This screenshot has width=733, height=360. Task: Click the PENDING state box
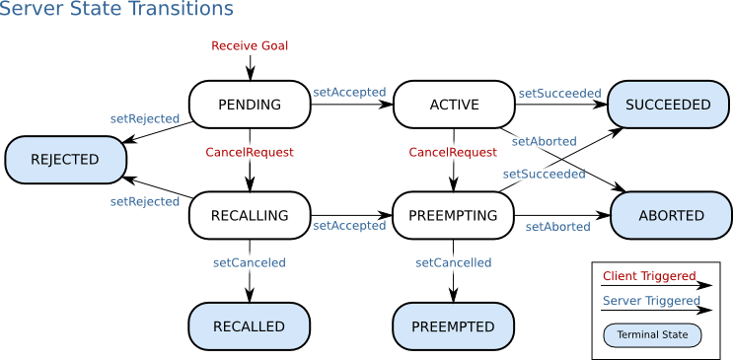click(249, 105)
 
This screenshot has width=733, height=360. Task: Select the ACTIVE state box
click(454, 105)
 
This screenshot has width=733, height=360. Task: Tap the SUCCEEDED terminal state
click(668, 105)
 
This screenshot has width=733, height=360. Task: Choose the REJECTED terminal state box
click(65, 160)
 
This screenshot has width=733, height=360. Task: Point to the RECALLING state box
click(249, 215)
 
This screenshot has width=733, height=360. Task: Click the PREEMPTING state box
click(454, 215)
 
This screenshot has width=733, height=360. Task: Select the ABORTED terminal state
click(671, 215)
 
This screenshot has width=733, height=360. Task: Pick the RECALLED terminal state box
click(249, 326)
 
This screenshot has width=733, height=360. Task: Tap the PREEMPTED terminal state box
click(454, 326)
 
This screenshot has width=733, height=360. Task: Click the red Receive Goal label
click(250, 45)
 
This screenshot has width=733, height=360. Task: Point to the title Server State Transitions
click(117, 10)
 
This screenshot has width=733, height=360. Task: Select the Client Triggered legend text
click(648, 276)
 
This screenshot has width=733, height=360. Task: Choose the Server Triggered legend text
click(650, 301)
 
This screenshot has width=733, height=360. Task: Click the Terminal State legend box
click(652, 335)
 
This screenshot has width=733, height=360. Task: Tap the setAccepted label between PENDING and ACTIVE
click(349, 92)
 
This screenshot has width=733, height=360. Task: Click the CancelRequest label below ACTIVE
click(453, 152)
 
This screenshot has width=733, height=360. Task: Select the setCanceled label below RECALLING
click(249, 262)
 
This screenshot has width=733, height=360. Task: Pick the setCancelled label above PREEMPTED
click(453, 262)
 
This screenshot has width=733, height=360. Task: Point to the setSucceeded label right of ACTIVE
click(559, 93)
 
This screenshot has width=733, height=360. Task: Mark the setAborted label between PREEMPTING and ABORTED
click(557, 227)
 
